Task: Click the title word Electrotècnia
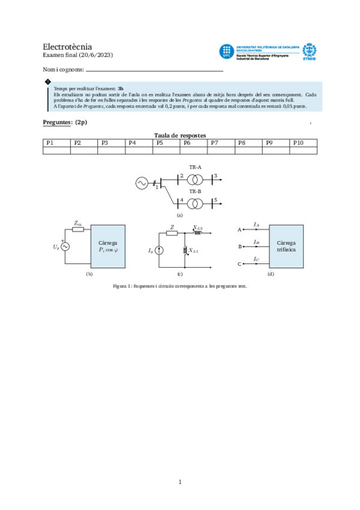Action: [x=67, y=46]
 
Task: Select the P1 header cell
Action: [x=56, y=143]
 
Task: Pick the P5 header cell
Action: [x=166, y=143]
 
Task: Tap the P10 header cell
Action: [x=303, y=143]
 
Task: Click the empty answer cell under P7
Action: [x=221, y=151]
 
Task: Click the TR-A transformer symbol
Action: [x=195, y=179]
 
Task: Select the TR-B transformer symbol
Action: [x=195, y=202]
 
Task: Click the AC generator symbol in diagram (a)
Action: [x=142, y=183]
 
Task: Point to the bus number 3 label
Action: [x=215, y=175]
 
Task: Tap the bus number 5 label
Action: [x=215, y=198]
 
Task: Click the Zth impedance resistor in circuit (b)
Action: [x=78, y=230]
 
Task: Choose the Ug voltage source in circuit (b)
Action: [x=62, y=247]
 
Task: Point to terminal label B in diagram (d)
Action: [x=240, y=247]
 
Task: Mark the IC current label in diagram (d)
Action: [x=257, y=260]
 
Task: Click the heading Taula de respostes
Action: [x=180, y=135]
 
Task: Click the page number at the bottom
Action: [x=180, y=481]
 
